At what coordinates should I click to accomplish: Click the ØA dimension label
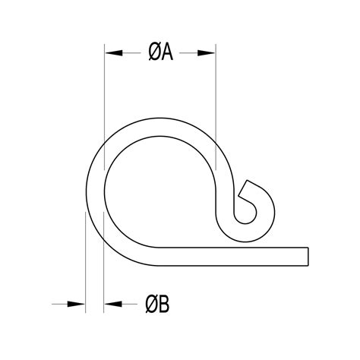(160, 52)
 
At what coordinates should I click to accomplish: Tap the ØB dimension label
(159, 305)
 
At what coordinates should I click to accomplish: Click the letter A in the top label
(168, 52)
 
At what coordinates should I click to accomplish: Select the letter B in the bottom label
(166, 305)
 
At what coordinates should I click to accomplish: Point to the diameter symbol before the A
(153, 52)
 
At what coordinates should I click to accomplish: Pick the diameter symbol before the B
(151, 305)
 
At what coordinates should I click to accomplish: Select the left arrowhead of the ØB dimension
(76, 305)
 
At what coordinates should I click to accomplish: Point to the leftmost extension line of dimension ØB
(84, 258)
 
